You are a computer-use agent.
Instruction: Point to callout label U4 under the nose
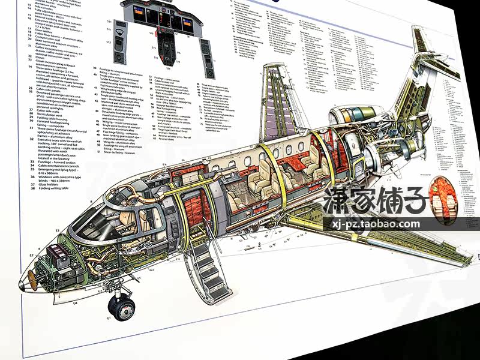(76, 303)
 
